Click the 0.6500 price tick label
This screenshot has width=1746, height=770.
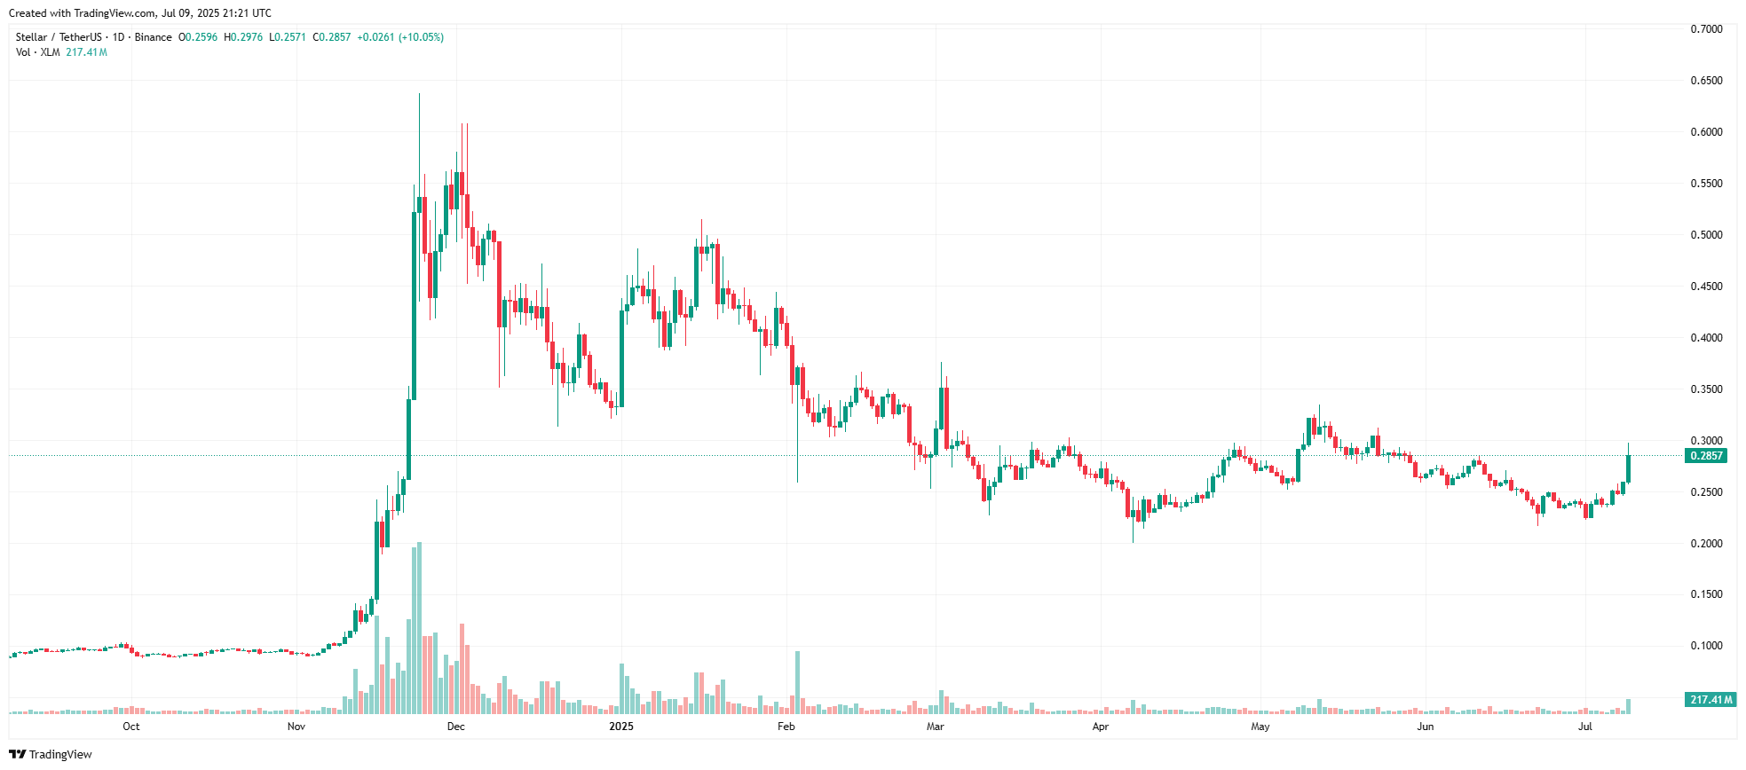pyautogui.click(x=1705, y=81)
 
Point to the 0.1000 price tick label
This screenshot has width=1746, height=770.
pyautogui.click(x=1705, y=646)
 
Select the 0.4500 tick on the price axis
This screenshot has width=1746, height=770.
pyautogui.click(x=1705, y=287)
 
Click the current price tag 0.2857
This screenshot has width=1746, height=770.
pyautogui.click(x=1705, y=456)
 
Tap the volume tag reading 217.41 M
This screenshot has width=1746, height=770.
pyautogui.click(x=1710, y=700)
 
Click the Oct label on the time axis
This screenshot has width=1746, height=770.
pyautogui.click(x=131, y=727)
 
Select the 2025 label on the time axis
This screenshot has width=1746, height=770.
pyautogui.click(x=621, y=727)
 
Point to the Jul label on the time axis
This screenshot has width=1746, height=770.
pyautogui.click(x=1585, y=727)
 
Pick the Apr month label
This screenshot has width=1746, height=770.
pyautogui.click(x=1101, y=727)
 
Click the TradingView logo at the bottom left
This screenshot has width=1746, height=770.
pyautogui.click(x=51, y=754)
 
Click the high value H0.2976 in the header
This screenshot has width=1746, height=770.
pyautogui.click(x=243, y=37)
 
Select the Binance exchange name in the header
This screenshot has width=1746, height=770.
pyautogui.click(x=154, y=37)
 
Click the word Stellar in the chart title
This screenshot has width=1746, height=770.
pyautogui.click(x=31, y=37)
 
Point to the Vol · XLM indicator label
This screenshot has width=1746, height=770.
pyautogui.click(x=37, y=52)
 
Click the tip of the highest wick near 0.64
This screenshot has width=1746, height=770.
pyautogui.click(x=419, y=94)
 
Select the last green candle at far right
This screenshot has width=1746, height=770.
pyautogui.click(x=1628, y=468)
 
